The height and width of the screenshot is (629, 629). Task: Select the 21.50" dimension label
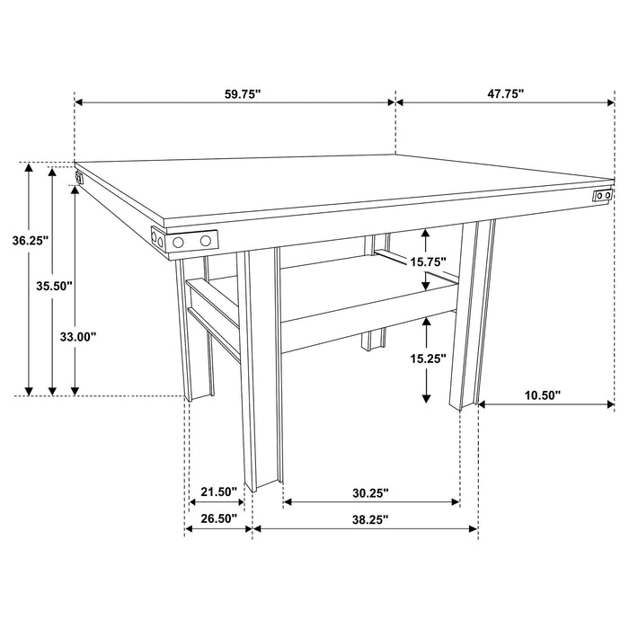click(217, 492)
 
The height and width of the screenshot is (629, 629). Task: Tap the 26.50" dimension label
click(217, 518)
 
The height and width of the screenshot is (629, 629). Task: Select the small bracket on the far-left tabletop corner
click(79, 177)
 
